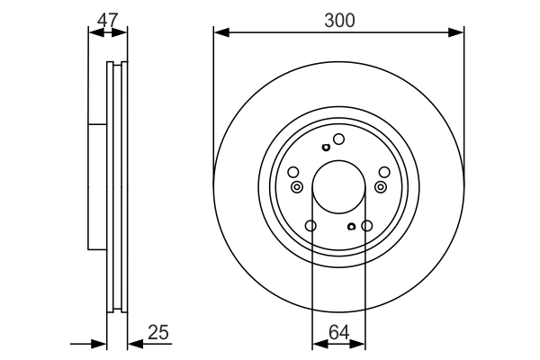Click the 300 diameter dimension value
pos(339,21)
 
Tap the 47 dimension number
pos(107,20)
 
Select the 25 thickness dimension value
pos(158,332)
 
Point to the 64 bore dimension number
pos(339,332)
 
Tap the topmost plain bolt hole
pos(338,139)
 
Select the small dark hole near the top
pos(326,148)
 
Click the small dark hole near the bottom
pos(351,227)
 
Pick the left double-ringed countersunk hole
pos(297,187)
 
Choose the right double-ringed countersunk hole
pos(381,187)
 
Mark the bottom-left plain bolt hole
pos(310,226)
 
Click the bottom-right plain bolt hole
pos(367,226)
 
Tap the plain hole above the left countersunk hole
pos(293,172)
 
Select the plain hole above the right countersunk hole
pos(384,172)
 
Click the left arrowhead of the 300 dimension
pos(221,32)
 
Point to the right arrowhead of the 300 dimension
pos(456,32)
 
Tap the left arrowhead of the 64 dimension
pos(320,344)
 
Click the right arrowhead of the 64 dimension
pos(357,344)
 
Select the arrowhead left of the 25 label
pos(135,344)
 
